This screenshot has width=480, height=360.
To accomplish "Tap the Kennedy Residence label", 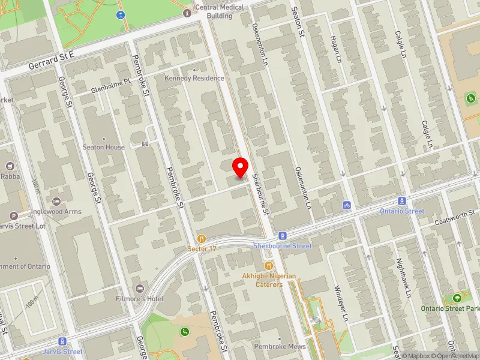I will tap(195, 78).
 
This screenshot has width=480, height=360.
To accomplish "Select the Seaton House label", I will tap(104, 147).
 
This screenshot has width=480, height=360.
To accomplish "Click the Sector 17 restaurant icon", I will tap(201, 238).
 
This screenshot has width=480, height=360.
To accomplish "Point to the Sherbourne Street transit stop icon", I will tap(281, 236).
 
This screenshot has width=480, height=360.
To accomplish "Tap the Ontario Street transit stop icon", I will tap(402, 202).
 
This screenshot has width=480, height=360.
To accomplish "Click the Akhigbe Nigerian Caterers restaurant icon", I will tap(269, 266).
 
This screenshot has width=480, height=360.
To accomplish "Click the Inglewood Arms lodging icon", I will tap(56, 201).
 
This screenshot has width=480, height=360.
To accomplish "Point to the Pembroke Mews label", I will tap(280, 347).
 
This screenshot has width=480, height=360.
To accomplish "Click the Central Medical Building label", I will tap(220, 11).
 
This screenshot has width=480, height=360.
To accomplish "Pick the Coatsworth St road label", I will tap(455, 218).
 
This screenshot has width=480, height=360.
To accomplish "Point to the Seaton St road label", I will tap(298, 21).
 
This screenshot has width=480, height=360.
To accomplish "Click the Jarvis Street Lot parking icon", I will tap(14, 216).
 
